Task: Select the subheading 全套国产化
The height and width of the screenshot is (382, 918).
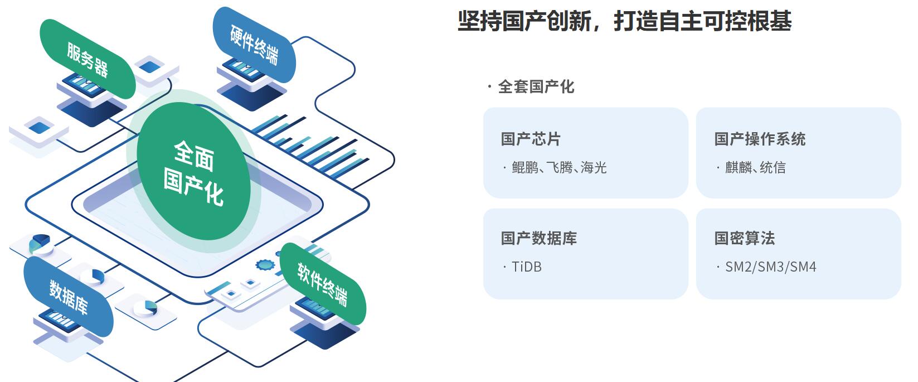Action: [x=535, y=87]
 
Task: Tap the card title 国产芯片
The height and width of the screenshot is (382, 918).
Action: [x=531, y=139]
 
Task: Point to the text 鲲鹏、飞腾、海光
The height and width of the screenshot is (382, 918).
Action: [x=558, y=168]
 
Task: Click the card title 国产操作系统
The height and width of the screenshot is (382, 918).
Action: [x=760, y=139]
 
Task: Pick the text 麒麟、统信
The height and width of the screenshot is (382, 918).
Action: [x=755, y=168]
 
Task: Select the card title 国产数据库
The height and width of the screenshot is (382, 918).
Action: [x=538, y=238]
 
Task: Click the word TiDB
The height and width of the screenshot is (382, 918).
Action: [x=526, y=267]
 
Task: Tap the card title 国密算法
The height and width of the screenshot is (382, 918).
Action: [x=745, y=238]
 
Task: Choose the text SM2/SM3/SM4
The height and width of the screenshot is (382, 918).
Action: [x=770, y=267]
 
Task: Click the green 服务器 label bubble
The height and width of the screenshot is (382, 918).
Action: [x=87, y=59]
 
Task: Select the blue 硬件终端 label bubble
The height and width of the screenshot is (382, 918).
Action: [x=254, y=44]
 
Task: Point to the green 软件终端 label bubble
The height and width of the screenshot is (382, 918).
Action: [x=322, y=284]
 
